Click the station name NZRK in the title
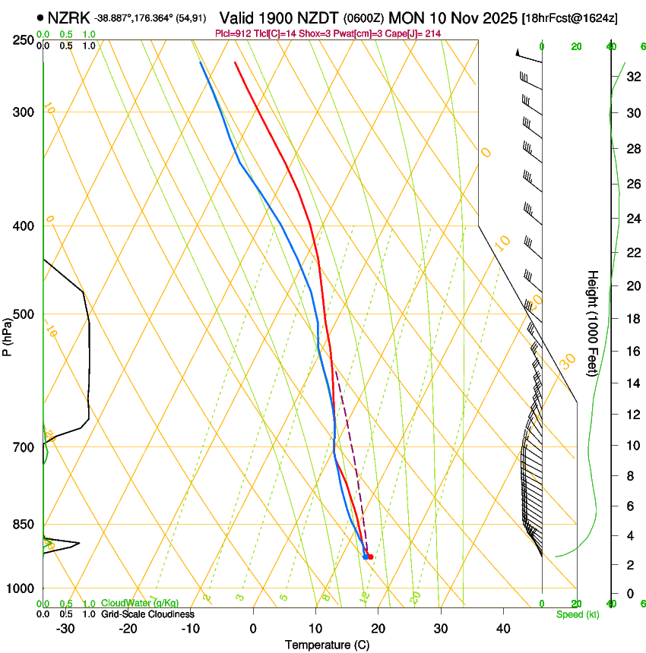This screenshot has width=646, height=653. pyautogui.click(x=68, y=17)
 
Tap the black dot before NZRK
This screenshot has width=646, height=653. pyautogui.click(x=40, y=17)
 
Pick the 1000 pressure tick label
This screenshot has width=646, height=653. pyautogui.click(x=22, y=588)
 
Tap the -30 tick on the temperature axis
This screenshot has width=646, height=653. pyautogui.click(x=65, y=628)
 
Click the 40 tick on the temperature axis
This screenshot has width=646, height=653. pyautogui.click(x=502, y=628)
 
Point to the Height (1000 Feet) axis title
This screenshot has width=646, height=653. pyautogui.click(x=593, y=323)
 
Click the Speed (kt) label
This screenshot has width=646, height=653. pyautogui.click(x=577, y=614)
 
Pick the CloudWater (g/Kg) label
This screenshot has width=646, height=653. pyautogui.click(x=140, y=604)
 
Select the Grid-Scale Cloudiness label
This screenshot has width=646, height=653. pyautogui.click(x=147, y=614)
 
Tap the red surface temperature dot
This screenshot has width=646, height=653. pyautogui.click(x=370, y=557)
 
